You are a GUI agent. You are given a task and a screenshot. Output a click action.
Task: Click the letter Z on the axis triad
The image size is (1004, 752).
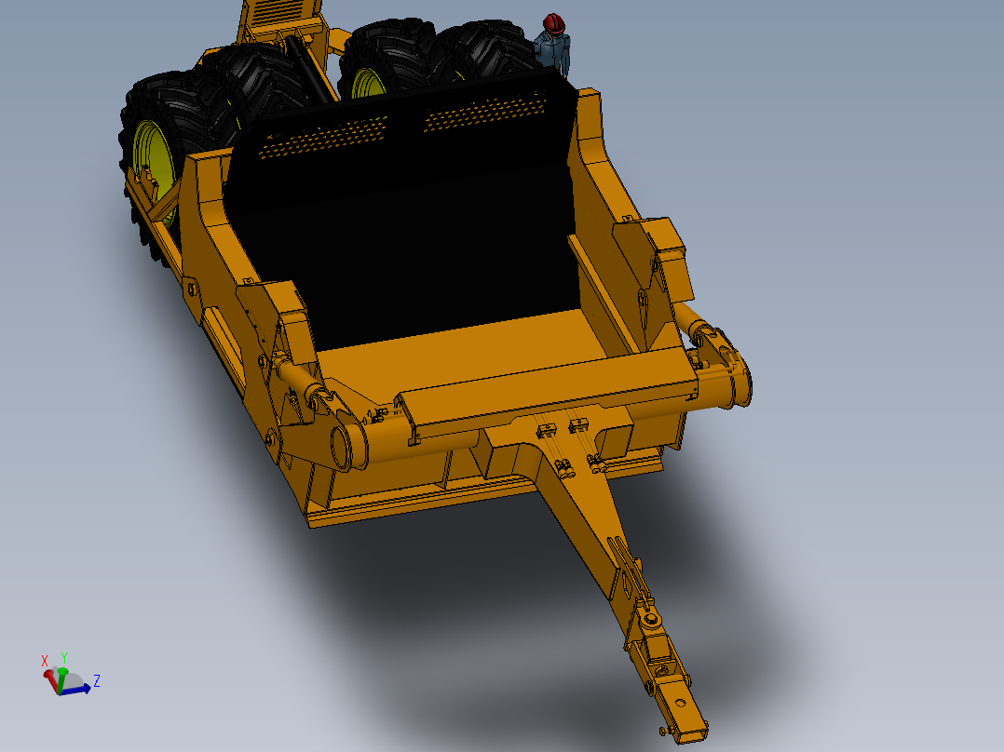coord(97,681)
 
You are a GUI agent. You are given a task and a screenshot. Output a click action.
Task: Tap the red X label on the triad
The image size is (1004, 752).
coord(45,661)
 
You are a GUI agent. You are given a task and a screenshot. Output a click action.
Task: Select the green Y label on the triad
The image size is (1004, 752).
coord(63,657)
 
